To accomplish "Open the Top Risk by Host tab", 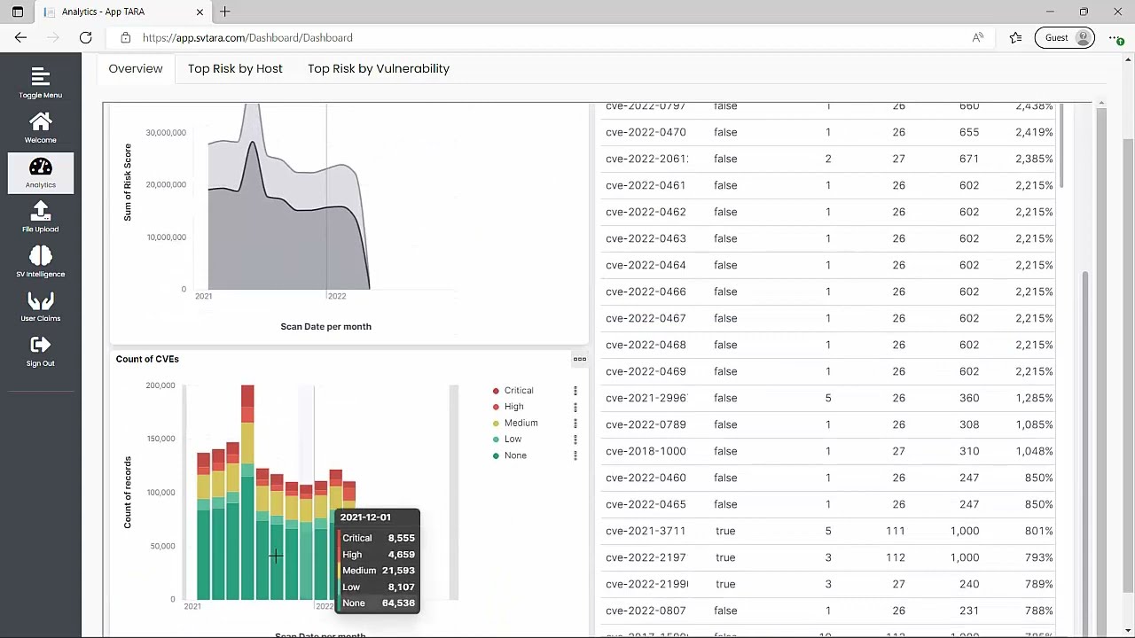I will click(x=235, y=68).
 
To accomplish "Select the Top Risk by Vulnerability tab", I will click(x=379, y=68).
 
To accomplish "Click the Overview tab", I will click(x=136, y=68).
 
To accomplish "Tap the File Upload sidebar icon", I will click(x=40, y=216).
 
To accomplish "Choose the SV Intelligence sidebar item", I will click(x=40, y=261).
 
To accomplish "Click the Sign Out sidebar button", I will click(x=40, y=350).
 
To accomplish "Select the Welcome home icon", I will click(x=40, y=127).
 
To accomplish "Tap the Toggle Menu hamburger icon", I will click(x=40, y=82).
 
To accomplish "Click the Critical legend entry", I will click(x=518, y=391).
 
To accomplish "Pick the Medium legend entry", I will click(x=521, y=423).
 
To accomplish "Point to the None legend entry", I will click(x=514, y=455).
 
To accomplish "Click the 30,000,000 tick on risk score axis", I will click(x=166, y=133).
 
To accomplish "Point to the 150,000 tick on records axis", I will click(x=160, y=439).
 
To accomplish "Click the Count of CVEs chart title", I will click(x=147, y=359).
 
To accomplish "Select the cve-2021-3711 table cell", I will click(x=645, y=531).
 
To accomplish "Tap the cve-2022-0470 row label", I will click(x=645, y=132).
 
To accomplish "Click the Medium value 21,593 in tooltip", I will click(x=398, y=571).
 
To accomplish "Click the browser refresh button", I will click(x=86, y=37).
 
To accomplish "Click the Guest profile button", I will click(x=1064, y=37).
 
